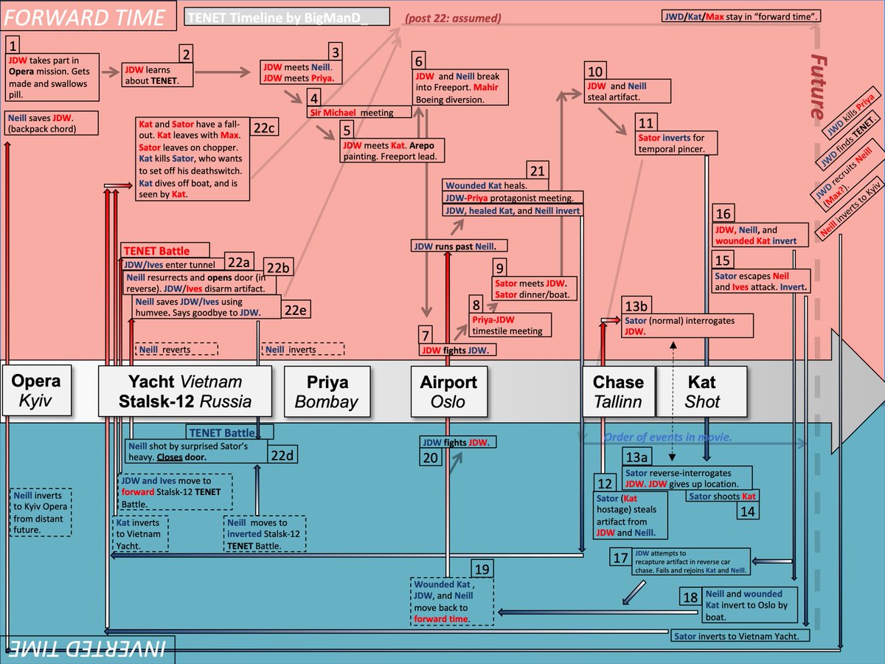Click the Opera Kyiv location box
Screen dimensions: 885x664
pos(37,390)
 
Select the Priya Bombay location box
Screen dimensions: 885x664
pos(327,391)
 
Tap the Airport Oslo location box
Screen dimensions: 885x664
pos(448,391)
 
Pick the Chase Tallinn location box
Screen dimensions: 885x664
pos(619,391)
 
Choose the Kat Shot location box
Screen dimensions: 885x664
pos(702,391)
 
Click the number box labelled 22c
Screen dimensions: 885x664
pos(264,128)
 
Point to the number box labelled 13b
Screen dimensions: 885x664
pos(636,306)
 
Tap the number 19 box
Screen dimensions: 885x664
pos(482,569)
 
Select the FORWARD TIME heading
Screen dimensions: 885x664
pos(84,17)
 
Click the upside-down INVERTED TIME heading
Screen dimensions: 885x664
pos(87,649)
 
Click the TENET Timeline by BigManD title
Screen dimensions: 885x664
pos(287,17)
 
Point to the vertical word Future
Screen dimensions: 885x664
pos(819,87)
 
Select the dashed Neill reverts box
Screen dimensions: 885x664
pos(176,349)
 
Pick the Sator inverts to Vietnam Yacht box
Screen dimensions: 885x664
pos(740,636)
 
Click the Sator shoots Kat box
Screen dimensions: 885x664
pos(722,496)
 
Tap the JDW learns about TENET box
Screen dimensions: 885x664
pos(157,75)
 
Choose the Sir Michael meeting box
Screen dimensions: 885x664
pos(359,112)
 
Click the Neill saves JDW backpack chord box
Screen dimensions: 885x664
pos(52,123)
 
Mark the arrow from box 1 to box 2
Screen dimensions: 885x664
pos(111,72)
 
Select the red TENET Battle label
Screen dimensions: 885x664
pos(165,250)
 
